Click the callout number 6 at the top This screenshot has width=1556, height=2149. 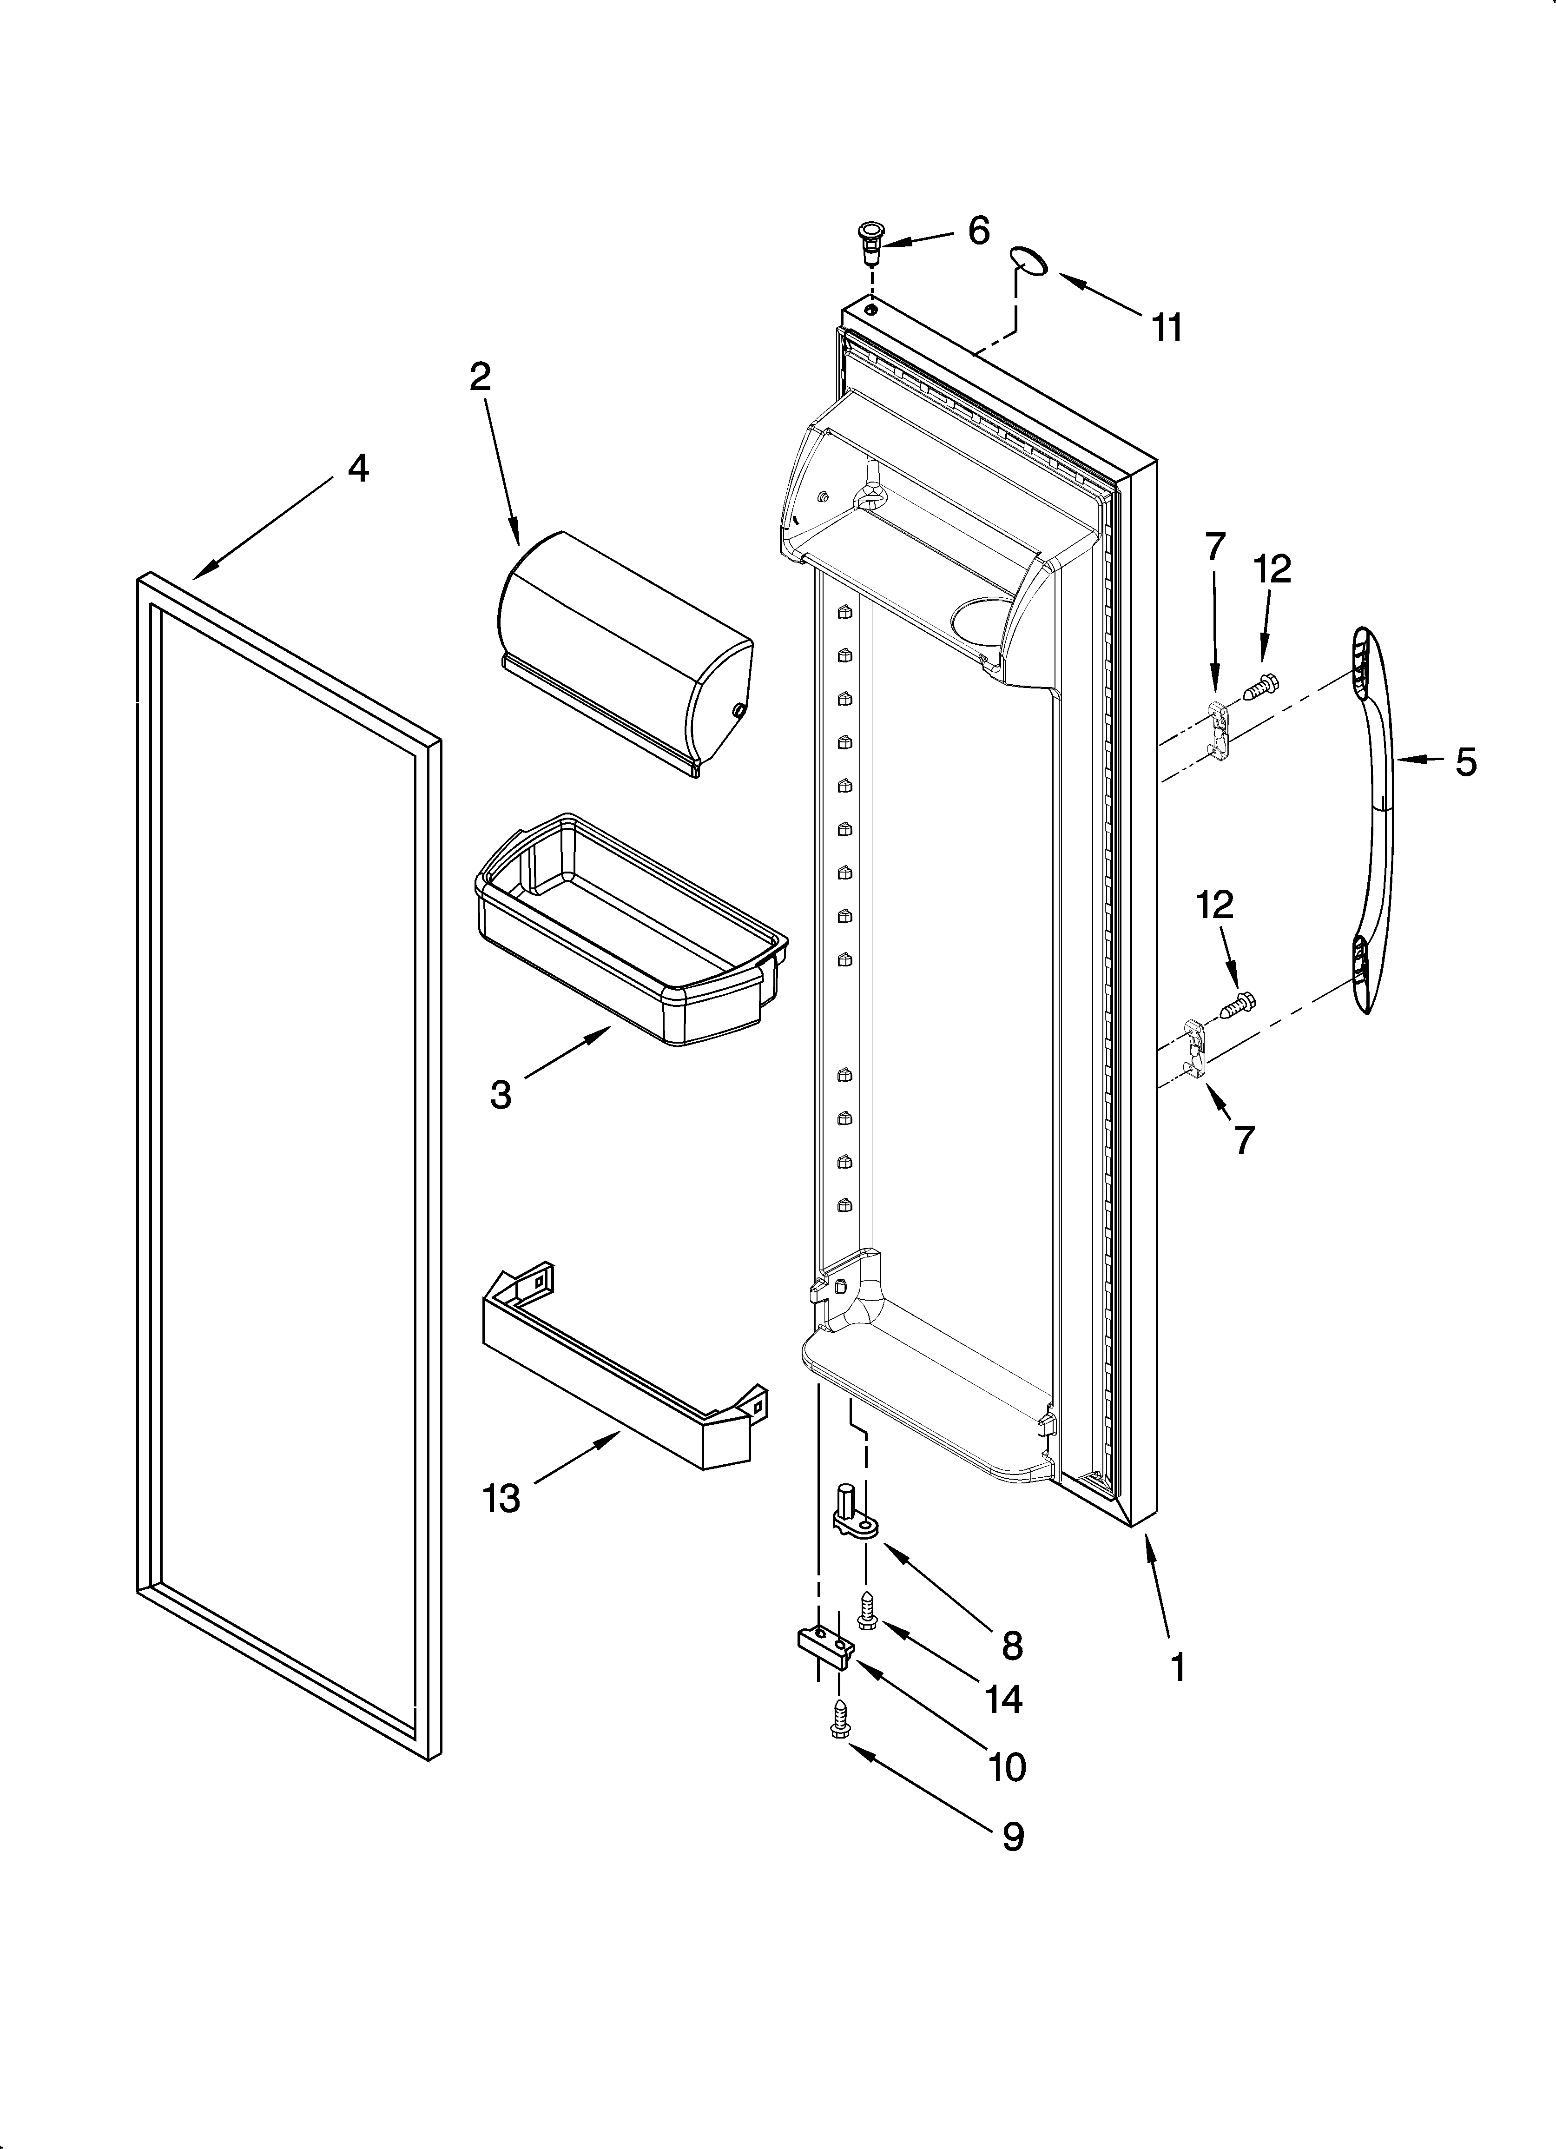pos(978,230)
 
